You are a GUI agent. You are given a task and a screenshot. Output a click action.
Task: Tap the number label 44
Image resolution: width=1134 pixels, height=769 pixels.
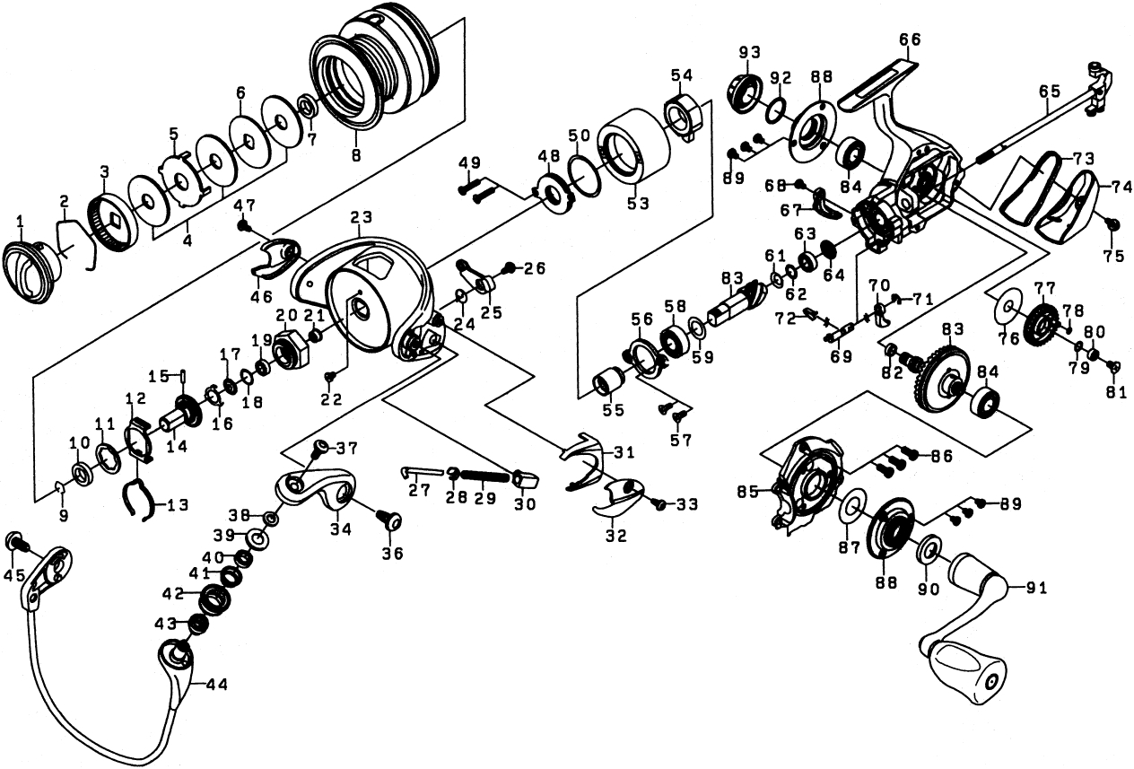[216, 685]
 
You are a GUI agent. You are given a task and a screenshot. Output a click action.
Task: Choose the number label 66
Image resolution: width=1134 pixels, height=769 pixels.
[909, 39]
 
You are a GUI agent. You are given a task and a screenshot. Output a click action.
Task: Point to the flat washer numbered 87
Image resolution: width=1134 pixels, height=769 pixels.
[853, 505]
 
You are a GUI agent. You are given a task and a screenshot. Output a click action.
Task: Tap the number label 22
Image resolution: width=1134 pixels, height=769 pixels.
[332, 399]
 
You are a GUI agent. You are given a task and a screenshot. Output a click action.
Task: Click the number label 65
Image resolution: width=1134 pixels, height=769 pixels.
[1050, 91]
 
